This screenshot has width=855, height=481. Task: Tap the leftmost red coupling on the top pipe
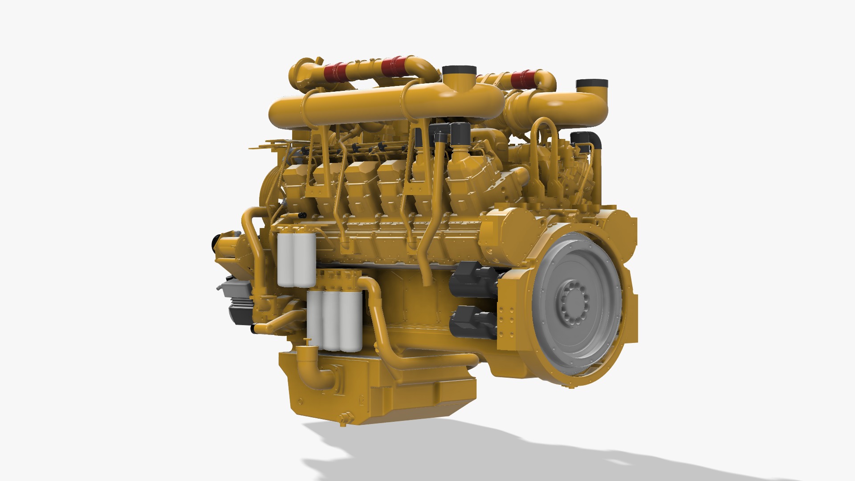(335, 72)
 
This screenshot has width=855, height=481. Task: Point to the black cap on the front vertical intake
(459, 71)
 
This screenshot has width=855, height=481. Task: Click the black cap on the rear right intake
(591, 84)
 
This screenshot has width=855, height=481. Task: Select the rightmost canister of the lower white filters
(351, 322)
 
